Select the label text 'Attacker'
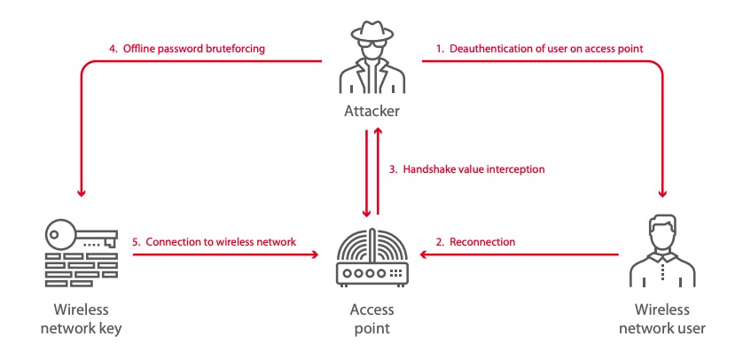[372, 112]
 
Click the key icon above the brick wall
[81, 235]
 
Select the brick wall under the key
[81, 267]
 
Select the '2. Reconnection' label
[476, 242]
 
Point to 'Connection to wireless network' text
[220, 242]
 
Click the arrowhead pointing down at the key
[81, 193]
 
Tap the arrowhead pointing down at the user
[661, 193]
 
